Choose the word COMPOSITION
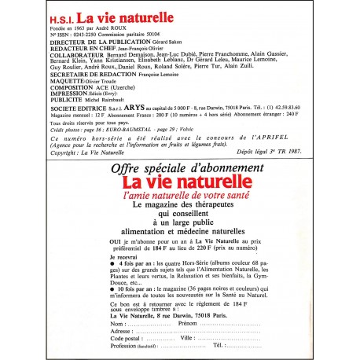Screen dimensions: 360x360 coord(65,95)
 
